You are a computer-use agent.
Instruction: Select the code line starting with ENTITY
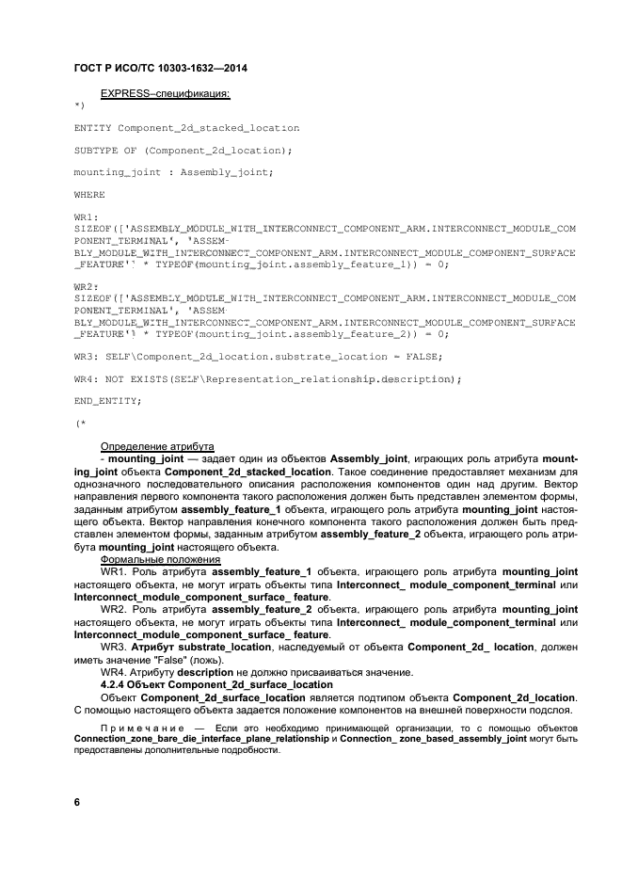186,127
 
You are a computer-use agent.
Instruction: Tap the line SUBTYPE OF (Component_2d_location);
183,150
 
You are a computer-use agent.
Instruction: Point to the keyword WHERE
89,194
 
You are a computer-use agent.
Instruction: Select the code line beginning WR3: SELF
257,356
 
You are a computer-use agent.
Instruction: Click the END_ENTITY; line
107,401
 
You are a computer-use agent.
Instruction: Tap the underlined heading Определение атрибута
157,445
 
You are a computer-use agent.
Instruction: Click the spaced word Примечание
140,729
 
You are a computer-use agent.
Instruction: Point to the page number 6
77,802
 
